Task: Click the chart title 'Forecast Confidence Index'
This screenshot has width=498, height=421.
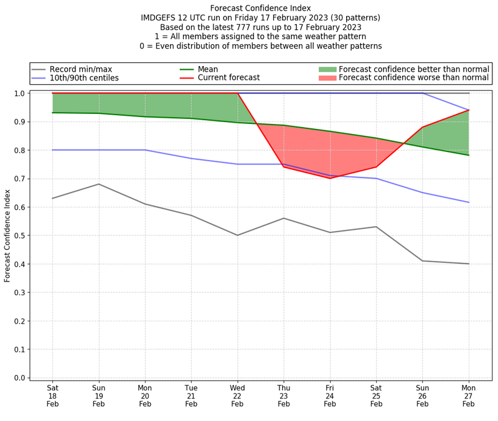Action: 261,8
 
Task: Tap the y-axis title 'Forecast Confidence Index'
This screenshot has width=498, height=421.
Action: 7,235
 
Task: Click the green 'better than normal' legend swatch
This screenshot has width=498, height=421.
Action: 327,69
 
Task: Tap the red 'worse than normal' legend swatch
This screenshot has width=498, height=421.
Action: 327,78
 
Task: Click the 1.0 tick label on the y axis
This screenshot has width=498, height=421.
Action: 19,93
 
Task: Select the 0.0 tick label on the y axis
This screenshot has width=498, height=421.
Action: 19,378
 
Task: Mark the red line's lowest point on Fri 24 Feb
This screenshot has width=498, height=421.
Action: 330,178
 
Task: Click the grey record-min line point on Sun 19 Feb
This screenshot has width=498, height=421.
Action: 98,184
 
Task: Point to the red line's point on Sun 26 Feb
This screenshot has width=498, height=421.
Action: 423,127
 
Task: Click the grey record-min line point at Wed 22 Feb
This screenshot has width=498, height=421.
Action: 237,235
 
